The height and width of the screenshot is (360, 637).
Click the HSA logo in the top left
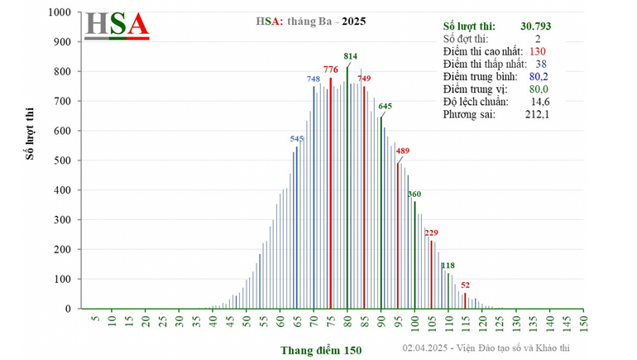(117, 24)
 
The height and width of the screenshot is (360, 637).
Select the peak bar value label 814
(350, 56)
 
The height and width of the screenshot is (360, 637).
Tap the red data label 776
(330, 69)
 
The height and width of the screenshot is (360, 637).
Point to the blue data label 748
(314, 79)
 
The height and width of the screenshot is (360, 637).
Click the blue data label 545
(297, 138)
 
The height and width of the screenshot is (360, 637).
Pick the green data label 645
(385, 106)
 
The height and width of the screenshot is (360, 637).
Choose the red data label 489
(403, 151)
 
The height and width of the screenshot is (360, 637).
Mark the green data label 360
(414, 194)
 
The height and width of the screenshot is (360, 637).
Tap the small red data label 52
(466, 285)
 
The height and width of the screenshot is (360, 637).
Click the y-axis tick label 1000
(58, 12)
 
